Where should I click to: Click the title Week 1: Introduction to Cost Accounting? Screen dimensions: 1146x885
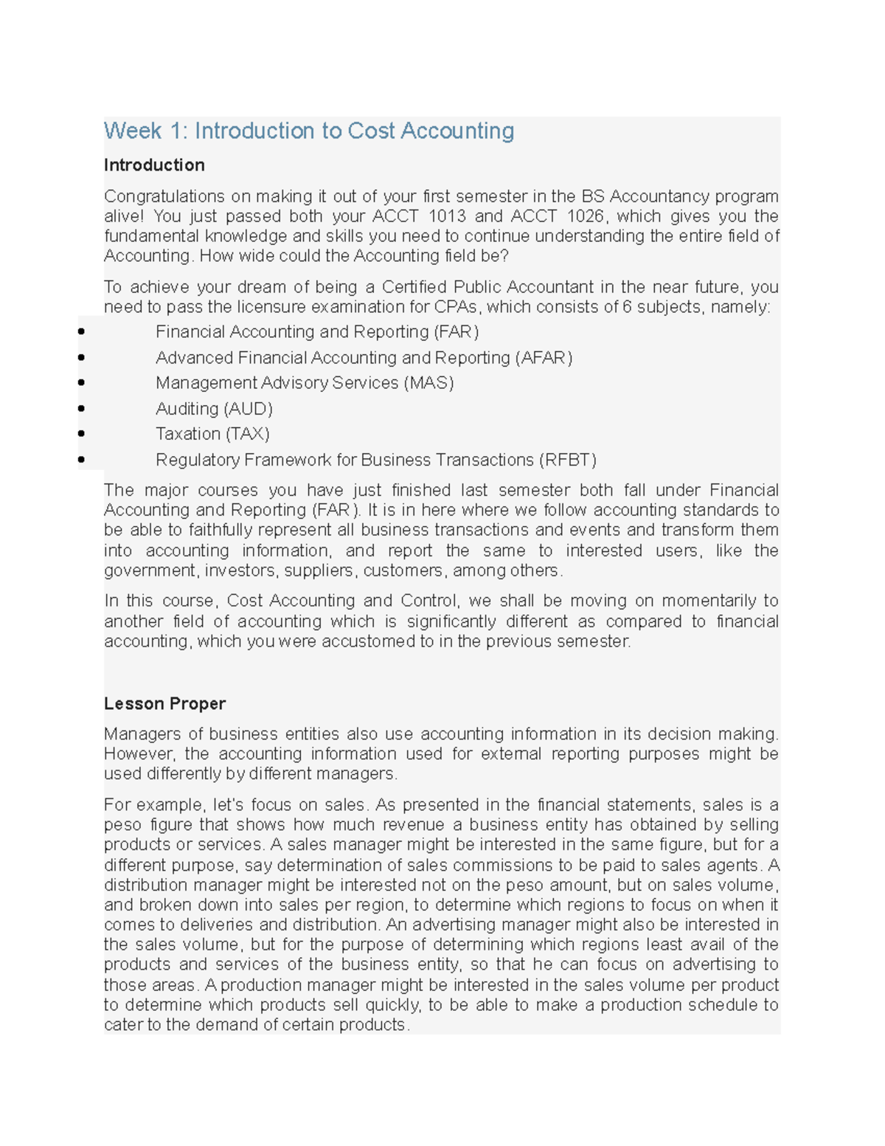(x=309, y=131)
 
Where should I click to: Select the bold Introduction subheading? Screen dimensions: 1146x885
(x=154, y=165)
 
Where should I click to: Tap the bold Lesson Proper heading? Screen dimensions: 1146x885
(x=164, y=704)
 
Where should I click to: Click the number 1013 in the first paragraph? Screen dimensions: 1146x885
(x=447, y=216)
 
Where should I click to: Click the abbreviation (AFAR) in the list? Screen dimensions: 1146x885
(x=543, y=358)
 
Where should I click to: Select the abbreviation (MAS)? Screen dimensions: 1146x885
(x=428, y=383)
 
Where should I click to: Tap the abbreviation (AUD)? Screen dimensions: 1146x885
(x=249, y=409)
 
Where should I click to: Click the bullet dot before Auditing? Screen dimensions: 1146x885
(x=81, y=409)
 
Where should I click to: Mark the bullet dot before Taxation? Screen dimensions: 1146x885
(x=81, y=434)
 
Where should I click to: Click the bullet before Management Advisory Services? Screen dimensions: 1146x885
(x=81, y=383)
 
